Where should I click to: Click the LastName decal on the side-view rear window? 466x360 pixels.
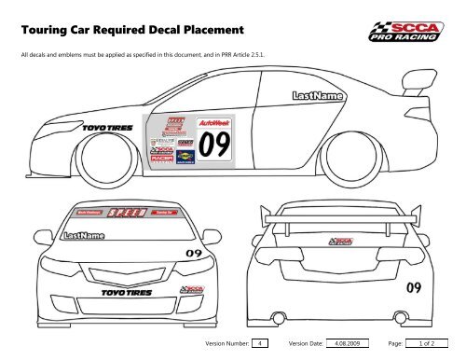(x=317, y=97)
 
